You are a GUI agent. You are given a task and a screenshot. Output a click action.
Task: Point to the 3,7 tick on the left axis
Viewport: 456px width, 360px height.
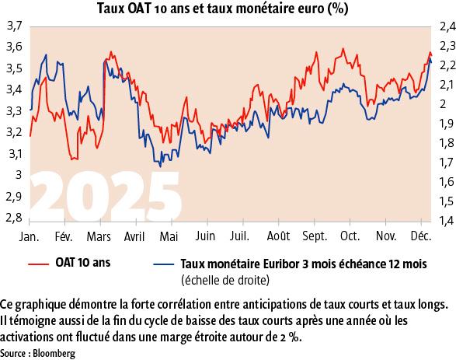(13, 26)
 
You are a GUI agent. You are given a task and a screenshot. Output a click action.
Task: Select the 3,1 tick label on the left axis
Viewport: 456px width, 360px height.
(13, 155)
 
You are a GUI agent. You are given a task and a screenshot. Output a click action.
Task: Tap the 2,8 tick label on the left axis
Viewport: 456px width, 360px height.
(13, 219)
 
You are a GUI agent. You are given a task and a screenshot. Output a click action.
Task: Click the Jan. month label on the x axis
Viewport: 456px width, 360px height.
(29, 235)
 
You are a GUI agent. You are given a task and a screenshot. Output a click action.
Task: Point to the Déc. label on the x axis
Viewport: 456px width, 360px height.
(420, 235)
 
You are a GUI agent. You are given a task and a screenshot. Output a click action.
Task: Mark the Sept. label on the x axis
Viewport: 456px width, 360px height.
(314, 235)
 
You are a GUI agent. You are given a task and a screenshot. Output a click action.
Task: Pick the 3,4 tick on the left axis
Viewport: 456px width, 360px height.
(13, 90)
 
